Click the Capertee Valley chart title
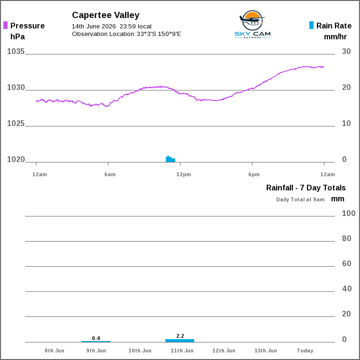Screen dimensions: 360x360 (x=106, y=15)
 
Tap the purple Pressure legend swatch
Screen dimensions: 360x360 (x=6, y=25)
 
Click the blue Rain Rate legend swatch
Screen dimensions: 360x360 (x=311, y=25)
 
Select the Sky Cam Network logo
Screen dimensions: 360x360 (x=252, y=24)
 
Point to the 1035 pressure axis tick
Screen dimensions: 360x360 (x=16, y=51)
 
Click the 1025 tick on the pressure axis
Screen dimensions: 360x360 (x=16, y=123)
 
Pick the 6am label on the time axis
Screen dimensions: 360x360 (x=110, y=174)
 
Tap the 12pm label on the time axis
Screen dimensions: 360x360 (x=184, y=174)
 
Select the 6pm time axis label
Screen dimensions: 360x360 (x=254, y=174)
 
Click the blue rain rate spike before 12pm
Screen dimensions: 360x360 (x=171, y=159)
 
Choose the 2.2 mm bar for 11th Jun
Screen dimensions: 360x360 (x=180, y=341)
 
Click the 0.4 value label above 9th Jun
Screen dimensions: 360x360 (x=96, y=338)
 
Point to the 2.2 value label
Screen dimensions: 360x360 (x=180, y=336)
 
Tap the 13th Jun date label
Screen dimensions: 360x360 (x=266, y=351)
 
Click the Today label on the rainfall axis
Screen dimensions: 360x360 (x=305, y=351)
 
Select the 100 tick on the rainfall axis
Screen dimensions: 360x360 (x=349, y=213)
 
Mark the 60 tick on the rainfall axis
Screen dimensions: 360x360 (x=347, y=263)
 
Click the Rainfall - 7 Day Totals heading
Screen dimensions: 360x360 (x=306, y=188)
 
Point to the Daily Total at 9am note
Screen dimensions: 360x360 (x=300, y=199)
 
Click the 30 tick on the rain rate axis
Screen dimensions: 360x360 (x=346, y=51)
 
